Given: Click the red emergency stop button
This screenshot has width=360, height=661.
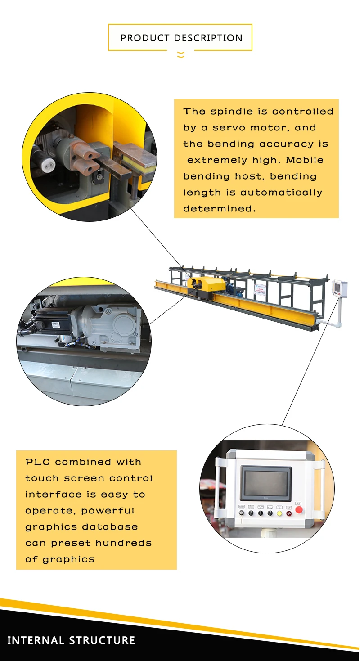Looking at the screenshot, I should pos(299,510).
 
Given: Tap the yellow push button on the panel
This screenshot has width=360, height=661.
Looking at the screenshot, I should pos(279,513).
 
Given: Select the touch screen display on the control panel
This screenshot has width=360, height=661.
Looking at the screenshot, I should pos(265,483).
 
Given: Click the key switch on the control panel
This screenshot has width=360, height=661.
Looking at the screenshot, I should pos(242,513).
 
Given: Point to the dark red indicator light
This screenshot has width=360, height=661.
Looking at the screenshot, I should pos(288,513).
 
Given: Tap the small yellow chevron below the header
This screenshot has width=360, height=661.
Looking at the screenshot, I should pos(180,55).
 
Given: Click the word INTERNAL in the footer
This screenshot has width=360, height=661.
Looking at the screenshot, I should pos(36,640).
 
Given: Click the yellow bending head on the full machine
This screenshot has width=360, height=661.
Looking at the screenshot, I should pos(210,284).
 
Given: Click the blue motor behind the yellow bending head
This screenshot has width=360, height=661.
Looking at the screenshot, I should pos(234,289).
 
